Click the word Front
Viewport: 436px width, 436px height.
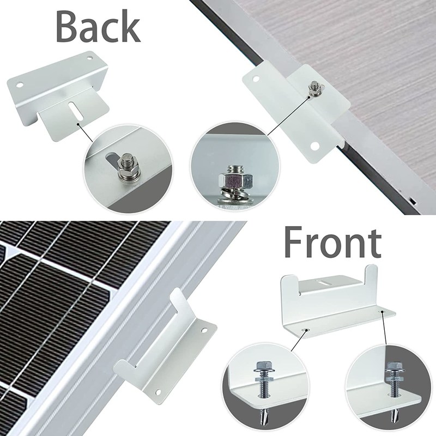point(332,242)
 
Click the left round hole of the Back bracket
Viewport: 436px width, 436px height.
point(20,84)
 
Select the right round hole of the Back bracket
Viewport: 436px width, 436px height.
point(89,58)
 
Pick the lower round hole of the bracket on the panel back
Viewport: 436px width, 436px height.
point(315,146)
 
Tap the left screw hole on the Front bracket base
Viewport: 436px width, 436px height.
point(307,330)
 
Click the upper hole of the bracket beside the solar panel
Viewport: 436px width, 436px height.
point(204,331)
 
